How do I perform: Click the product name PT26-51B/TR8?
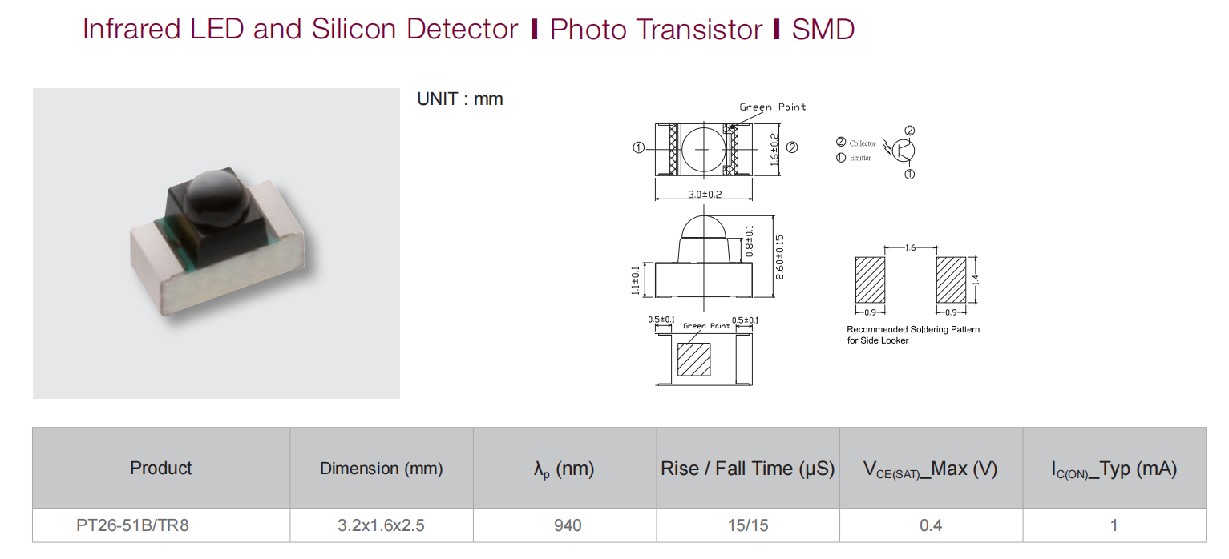[x=132, y=525]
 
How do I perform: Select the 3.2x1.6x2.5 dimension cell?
[x=381, y=525]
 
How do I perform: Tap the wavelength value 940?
[x=568, y=525]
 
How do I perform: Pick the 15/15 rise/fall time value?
[x=748, y=525]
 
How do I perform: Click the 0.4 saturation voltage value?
[x=931, y=525]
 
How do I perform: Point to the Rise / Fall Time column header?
[x=747, y=469]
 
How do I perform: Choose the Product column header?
[x=161, y=468]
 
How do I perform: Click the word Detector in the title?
[x=462, y=29]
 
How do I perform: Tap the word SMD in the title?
[x=823, y=29]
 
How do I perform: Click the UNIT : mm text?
[x=460, y=99]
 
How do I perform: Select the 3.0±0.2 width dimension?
[x=705, y=194]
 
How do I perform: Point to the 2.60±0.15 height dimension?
[x=779, y=257]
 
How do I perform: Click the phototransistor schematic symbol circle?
[x=903, y=151]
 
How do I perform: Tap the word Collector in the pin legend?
[x=863, y=143]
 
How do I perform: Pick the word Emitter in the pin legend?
[x=860, y=158]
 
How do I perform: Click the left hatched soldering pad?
[x=870, y=279]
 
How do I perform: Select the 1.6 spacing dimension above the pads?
[x=910, y=247]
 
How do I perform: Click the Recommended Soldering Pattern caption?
[x=913, y=334]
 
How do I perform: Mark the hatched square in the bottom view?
[x=694, y=360]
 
